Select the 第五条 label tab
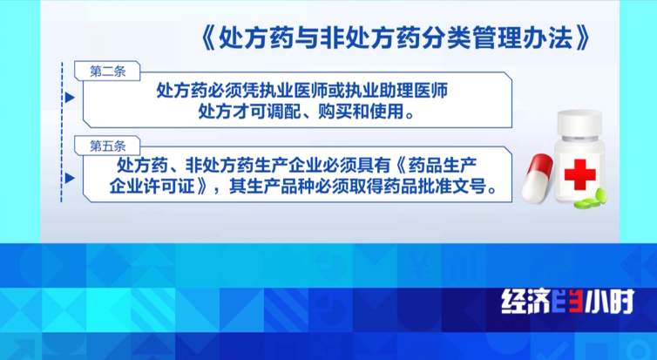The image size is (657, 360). coord(108,141)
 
